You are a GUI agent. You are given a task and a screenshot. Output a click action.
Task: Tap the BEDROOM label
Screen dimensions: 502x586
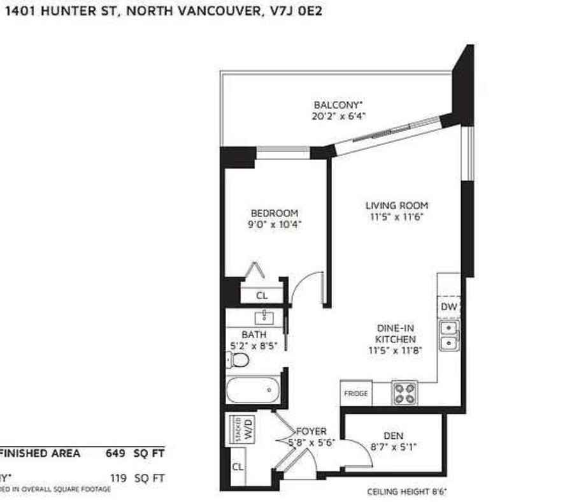tap(274, 213)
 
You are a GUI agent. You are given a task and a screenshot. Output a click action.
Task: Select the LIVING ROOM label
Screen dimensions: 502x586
tap(396, 205)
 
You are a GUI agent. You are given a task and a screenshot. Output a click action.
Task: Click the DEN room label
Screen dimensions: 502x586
tap(396, 436)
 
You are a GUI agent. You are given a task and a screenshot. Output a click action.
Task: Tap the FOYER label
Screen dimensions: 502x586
tap(311, 432)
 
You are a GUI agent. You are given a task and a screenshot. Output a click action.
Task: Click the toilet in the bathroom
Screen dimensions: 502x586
tap(238, 361)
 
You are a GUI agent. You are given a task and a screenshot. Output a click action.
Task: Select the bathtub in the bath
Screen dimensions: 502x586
tap(253, 390)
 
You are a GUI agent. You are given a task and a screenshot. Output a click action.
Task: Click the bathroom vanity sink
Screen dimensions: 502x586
tap(264, 317)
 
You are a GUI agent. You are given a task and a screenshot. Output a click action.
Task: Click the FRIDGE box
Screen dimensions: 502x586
tap(356, 394)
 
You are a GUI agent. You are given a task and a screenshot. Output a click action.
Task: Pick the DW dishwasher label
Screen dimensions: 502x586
tap(449, 307)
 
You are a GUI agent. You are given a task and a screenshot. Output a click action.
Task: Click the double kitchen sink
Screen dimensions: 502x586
tap(449, 336)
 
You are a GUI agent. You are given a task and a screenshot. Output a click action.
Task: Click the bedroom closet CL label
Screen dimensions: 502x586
tap(262, 295)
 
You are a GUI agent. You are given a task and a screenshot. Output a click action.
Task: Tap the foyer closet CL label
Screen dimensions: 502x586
tap(238, 466)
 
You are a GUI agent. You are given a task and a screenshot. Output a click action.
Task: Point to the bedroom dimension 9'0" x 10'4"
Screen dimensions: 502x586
tap(275, 224)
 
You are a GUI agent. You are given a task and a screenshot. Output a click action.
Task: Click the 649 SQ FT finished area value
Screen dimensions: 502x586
tap(134, 454)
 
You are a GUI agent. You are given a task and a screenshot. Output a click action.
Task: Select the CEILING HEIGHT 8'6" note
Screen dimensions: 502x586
tap(408, 492)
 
